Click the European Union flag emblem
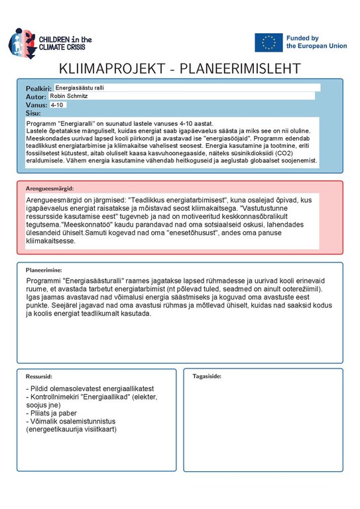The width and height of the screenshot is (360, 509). pyautogui.click(x=268, y=42)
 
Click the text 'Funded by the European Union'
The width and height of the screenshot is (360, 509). pyautogui.click(x=316, y=42)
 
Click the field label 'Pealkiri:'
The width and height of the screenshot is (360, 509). pyautogui.click(x=38, y=88)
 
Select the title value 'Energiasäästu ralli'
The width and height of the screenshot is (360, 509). pyautogui.click(x=80, y=87)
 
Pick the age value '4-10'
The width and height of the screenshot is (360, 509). pyautogui.click(x=57, y=105)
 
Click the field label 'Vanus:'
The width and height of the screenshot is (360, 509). pyautogui.click(x=36, y=105)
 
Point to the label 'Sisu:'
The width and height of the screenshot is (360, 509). pyautogui.click(x=33, y=113)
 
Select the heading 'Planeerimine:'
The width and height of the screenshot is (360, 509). pyautogui.click(x=44, y=270)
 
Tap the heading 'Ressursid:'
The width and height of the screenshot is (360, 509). pyautogui.click(x=38, y=376)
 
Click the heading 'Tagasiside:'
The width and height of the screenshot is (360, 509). pyautogui.click(x=207, y=376)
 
